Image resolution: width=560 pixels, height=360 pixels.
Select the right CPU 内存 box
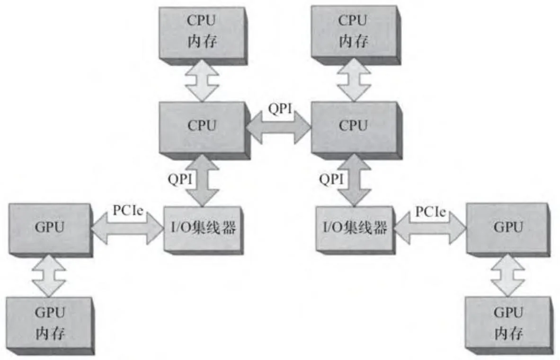click(353, 30)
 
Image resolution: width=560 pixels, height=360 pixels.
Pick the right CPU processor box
click(353, 126)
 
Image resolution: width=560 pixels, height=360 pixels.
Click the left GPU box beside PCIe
click(49, 228)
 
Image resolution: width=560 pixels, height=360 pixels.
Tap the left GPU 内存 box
click(50, 323)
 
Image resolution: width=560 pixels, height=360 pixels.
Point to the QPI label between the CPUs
click(278, 108)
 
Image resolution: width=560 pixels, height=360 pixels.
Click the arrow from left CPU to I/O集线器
click(202, 180)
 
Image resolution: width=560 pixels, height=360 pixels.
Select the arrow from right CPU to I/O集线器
click(354, 180)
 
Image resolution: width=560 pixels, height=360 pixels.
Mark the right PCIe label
click(430, 212)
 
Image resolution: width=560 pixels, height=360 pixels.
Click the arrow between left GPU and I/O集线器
click(126, 228)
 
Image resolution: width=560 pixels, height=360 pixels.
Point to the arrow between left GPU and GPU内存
click(49, 276)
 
